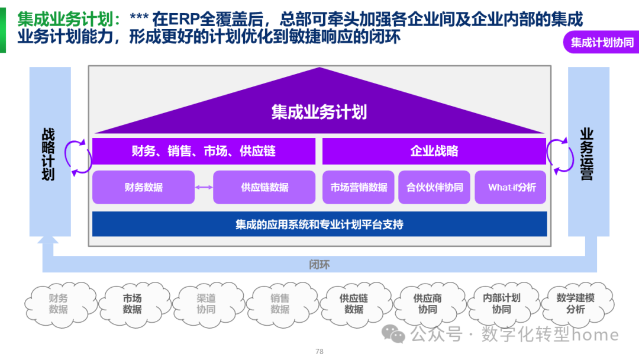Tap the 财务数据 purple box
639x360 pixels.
pyautogui.click(x=144, y=187)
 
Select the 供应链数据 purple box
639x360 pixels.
pyautogui.click(x=264, y=187)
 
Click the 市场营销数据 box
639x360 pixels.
pyautogui.click(x=359, y=187)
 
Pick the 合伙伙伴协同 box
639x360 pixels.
pyautogui.click(x=434, y=187)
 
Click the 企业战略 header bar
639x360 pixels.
pyautogui.click(x=434, y=151)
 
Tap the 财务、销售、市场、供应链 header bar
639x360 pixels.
pyautogui.click(x=204, y=151)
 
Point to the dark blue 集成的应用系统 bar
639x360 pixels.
pyautogui.click(x=319, y=224)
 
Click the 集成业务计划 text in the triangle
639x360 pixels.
pyautogui.click(x=319, y=112)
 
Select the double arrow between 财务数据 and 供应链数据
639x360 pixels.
pyautogui.click(x=204, y=188)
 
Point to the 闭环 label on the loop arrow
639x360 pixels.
pyautogui.click(x=319, y=264)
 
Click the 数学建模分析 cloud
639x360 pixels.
pyautogui.click(x=575, y=304)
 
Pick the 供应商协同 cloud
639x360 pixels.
pyautogui.click(x=427, y=304)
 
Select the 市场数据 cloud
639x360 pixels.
pyautogui.click(x=132, y=304)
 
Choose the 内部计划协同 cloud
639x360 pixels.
pyautogui.click(x=501, y=304)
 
